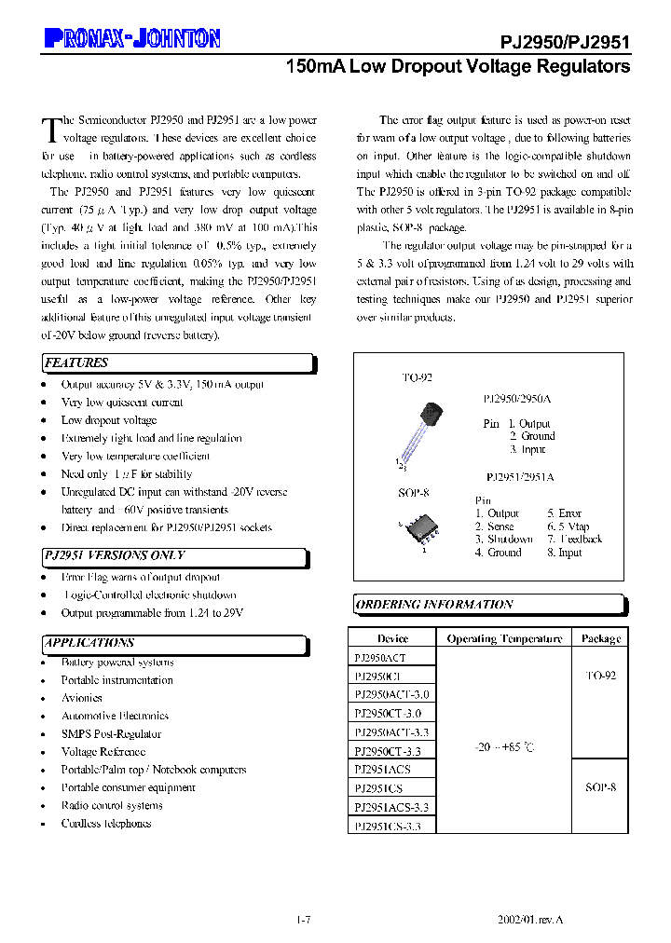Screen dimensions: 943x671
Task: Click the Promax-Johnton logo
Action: coord(132,37)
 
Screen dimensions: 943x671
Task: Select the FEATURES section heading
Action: coord(76,362)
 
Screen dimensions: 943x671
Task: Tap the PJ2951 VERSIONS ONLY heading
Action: coord(115,555)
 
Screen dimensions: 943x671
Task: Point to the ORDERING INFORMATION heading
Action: coord(434,604)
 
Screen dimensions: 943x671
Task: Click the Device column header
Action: coord(392,638)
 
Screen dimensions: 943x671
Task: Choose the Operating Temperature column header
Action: coord(504,638)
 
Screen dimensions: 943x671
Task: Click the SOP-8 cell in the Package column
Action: coord(601,786)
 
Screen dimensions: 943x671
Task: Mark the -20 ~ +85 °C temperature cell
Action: coord(504,747)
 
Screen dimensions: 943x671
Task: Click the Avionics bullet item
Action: coord(82,698)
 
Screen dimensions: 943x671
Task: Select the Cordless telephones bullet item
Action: coord(105,823)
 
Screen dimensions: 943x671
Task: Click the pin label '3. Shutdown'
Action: coord(504,539)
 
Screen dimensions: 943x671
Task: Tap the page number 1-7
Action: coord(303,920)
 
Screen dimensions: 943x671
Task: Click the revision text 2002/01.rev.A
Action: coord(531,920)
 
